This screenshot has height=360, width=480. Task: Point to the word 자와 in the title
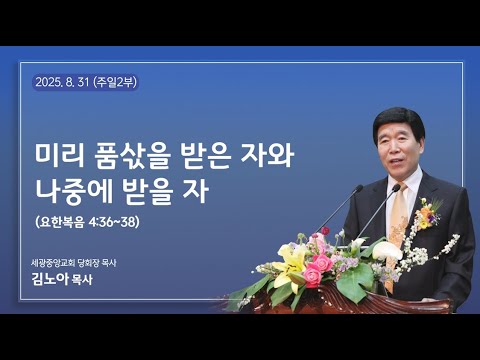[x=270, y=156]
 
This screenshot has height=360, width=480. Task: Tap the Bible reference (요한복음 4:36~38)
[x=86, y=221]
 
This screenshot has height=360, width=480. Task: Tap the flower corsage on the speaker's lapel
[x=428, y=212]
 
